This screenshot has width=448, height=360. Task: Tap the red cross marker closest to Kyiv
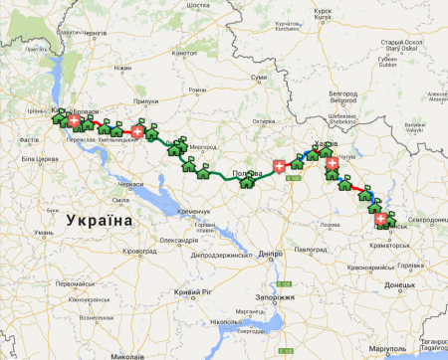coord(74,117)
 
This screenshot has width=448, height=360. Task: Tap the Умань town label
coord(43,232)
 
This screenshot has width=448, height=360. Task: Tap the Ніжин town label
coord(122,68)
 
